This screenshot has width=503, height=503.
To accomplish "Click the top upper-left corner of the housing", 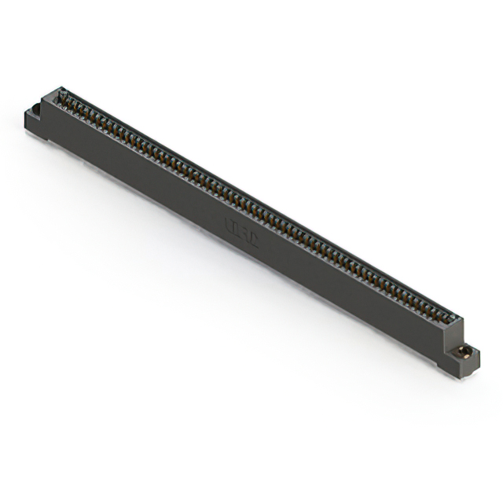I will point(57,90).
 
